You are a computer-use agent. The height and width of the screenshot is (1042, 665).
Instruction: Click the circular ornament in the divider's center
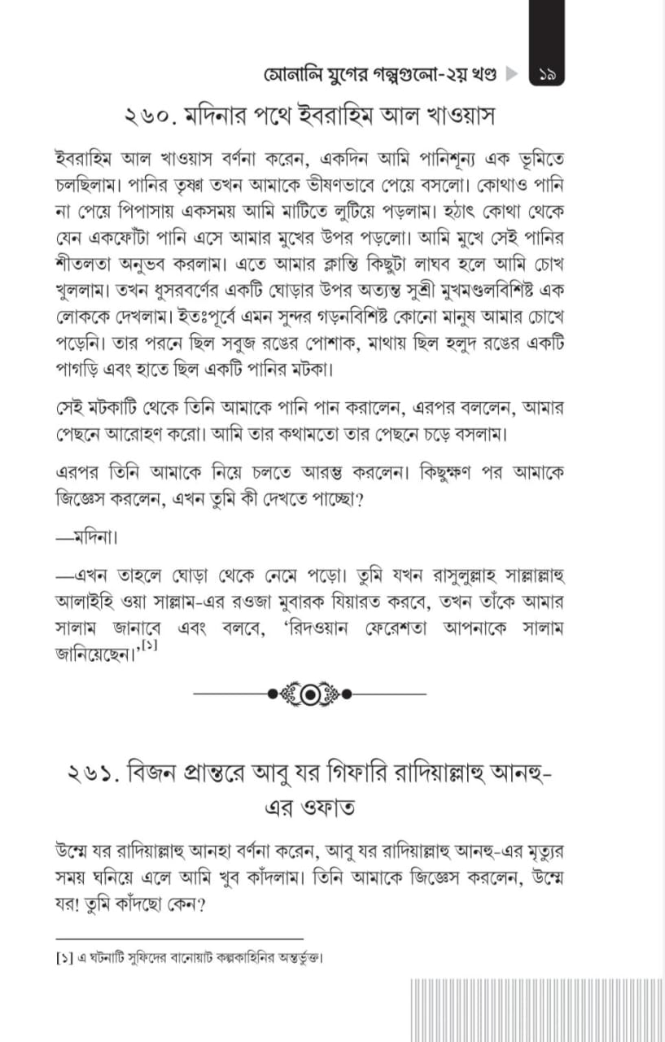click(311, 694)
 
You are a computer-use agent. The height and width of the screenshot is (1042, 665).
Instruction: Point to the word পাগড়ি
click(80, 370)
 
